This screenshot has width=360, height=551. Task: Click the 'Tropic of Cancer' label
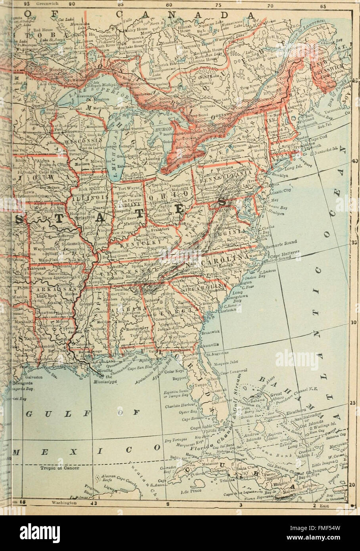point(60,468)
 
